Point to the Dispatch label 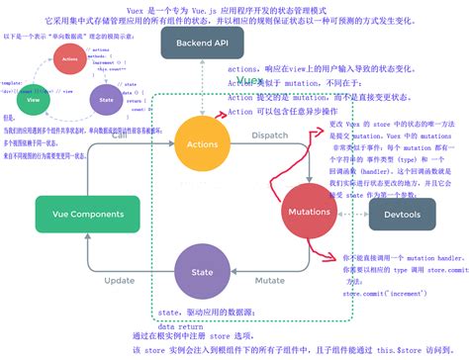(269, 135)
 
